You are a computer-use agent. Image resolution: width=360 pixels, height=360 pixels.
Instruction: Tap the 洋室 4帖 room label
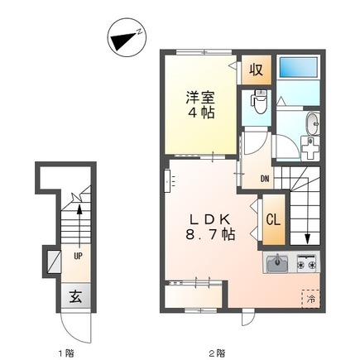coord(200,104)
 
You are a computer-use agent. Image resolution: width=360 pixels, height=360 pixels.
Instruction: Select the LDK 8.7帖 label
coord(210,227)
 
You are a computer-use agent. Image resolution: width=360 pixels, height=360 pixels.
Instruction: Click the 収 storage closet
coord(257,70)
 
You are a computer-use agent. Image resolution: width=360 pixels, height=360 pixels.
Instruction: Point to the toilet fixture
coord(258,101)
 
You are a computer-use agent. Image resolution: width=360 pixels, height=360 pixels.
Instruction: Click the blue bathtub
coord(299,67)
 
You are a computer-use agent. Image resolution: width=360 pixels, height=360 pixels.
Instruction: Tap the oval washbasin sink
coord(313,124)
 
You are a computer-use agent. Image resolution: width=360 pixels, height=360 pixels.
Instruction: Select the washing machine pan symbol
coord(310,148)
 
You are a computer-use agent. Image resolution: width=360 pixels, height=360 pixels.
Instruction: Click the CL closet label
coord(273,220)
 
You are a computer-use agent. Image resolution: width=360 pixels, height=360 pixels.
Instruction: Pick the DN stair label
coord(265,179)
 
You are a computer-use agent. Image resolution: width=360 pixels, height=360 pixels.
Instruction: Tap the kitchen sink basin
coord(277,263)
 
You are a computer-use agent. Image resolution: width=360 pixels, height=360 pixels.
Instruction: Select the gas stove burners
coord(306,263)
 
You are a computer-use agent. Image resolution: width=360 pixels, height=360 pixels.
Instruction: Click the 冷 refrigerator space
coord(311,299)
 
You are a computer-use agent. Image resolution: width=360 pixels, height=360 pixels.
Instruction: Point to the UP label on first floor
coord(78,257)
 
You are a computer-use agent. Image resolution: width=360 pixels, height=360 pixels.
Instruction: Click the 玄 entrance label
coord(75,297)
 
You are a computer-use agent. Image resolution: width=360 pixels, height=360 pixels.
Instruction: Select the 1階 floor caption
coord(66,353)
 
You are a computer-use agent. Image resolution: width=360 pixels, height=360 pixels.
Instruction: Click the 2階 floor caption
coord(217,353)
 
